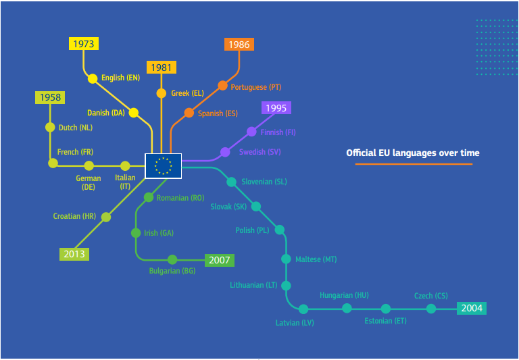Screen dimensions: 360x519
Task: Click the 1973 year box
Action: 84,44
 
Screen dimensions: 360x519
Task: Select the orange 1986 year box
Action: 239,45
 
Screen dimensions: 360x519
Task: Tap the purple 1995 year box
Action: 276,108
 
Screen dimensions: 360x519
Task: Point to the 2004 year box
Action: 471,309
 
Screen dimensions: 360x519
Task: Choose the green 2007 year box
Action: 219,260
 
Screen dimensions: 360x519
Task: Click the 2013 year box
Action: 74,255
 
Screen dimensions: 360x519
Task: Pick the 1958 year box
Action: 50,98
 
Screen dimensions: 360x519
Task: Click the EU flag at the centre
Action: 163,165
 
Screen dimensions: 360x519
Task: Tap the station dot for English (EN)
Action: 93,78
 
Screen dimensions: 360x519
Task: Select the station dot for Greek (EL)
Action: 161,93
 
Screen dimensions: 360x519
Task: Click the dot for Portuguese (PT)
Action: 222,86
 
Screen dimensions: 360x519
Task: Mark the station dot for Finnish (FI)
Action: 251,132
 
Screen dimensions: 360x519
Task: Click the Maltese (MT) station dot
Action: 286,259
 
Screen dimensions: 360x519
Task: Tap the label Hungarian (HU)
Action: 344,295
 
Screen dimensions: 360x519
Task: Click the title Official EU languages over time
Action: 413,153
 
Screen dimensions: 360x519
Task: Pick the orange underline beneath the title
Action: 413,164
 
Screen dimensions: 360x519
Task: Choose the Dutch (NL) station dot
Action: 50,127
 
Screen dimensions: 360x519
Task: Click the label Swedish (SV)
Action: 260,152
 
